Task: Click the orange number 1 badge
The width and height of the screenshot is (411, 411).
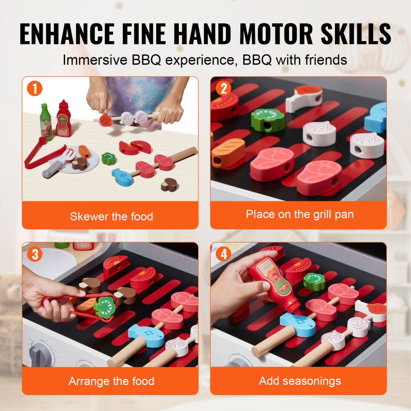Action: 35,89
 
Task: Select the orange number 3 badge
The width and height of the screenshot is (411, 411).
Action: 35,254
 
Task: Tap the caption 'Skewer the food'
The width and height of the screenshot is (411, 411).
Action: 111,216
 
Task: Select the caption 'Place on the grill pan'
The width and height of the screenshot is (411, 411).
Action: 299,214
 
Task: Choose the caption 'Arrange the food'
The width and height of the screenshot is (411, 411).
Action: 111,381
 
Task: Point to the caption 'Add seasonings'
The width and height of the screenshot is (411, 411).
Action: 299,381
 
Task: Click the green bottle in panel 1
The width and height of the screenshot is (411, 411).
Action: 46,122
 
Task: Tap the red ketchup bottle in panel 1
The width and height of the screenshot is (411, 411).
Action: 64,119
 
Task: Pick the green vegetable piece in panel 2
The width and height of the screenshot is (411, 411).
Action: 268,120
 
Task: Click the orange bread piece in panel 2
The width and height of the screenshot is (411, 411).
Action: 228,152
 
